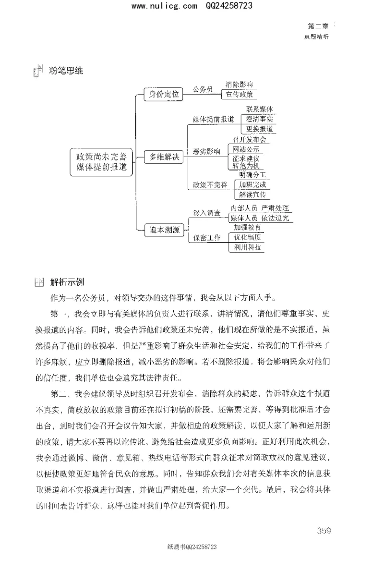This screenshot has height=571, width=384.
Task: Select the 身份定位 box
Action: pos(164,94)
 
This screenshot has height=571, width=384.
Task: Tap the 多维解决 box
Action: pos(164,157)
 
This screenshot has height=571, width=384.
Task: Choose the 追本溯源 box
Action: pos(164,230)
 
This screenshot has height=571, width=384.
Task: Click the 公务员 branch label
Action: pos(203,89)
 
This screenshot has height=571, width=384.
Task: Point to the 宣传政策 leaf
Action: pos(239,95)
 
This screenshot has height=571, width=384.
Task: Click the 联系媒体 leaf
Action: pos(259,109)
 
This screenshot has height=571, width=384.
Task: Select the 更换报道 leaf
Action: pos(259,129)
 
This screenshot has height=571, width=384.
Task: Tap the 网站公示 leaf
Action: pos(246,149)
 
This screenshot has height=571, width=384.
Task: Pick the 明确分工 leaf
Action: pos(252,174)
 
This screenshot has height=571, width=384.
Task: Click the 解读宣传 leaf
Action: pos(252,194)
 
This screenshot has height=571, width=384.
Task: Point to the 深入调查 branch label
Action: pos(207,213)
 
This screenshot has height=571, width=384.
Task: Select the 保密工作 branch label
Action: pos(207,237)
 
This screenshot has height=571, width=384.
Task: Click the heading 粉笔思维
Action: pos(66,71)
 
